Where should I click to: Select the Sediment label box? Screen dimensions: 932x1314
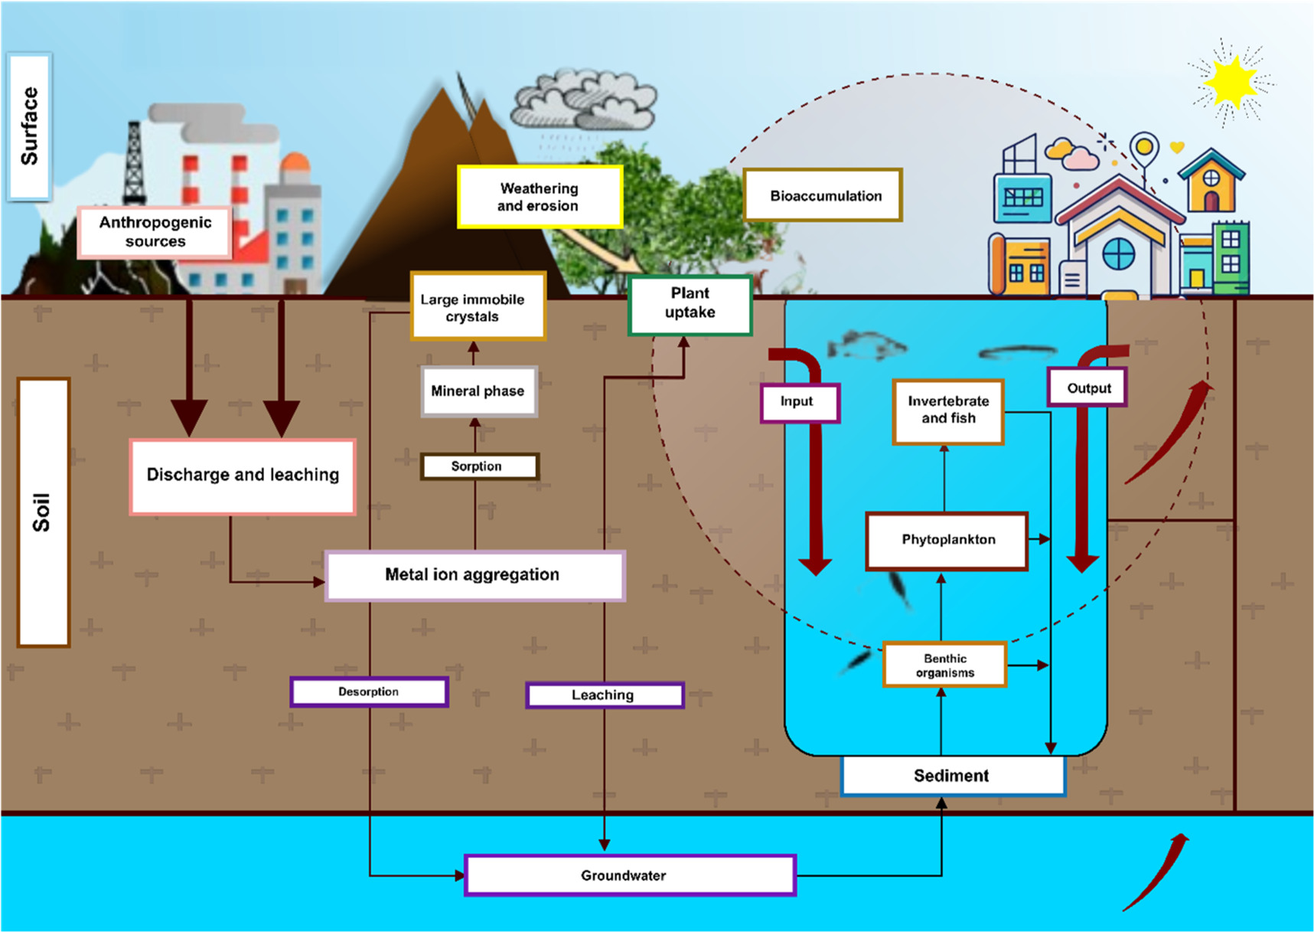(952, 776)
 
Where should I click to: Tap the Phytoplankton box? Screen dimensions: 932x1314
(947, 541)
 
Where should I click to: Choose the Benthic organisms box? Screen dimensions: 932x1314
(944, 665)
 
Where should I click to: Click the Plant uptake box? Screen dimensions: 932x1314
(690, 304)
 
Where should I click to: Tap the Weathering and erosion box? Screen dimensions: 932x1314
(539, 197)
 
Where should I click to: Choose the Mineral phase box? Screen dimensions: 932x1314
(478, 391)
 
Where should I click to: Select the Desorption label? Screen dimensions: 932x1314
(369, 692)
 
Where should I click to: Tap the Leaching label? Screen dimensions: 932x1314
(604, 695)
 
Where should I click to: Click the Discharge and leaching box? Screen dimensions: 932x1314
(242, 476)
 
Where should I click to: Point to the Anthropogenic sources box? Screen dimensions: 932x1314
(155, 231)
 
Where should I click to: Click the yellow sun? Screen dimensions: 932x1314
(1230, 81)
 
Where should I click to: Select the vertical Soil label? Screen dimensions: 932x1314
(43, 512)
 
